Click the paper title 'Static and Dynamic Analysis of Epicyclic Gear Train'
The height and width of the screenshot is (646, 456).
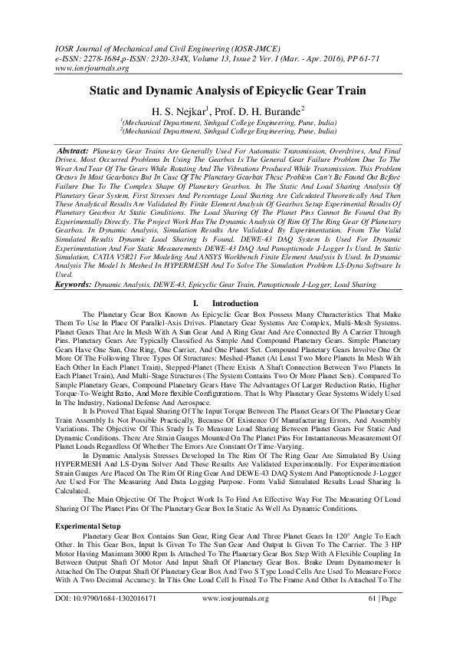click(228, 90)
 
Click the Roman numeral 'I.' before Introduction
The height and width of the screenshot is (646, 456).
click(196, 304)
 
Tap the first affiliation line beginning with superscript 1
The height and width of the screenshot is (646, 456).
click(228, 123)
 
